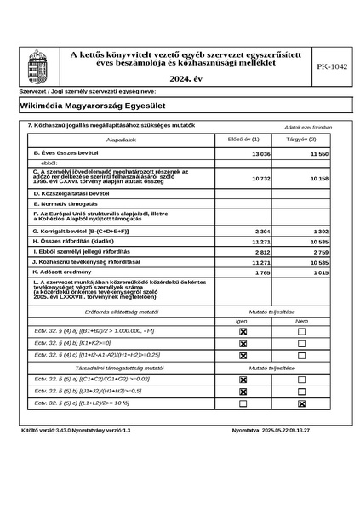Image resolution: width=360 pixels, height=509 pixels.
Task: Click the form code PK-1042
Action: tap(331, 66)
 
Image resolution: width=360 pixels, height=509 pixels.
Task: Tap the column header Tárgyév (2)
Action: tap(301, 139)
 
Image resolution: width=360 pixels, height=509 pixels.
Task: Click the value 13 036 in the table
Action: tap(260, 153)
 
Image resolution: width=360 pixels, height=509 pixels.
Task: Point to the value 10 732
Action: tap(260, 180)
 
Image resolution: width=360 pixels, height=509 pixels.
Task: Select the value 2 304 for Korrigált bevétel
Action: tap(262, 232)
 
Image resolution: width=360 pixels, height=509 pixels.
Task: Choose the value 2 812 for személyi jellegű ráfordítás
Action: tap(262, 253)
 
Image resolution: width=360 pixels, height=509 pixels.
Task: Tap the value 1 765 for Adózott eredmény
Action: tap(262, 272)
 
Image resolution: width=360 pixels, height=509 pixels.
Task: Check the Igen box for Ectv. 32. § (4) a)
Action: tap(243, 330)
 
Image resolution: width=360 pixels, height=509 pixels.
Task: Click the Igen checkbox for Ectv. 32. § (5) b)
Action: tap(243, 392)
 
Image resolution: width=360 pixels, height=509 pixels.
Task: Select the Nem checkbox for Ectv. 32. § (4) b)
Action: tap(301, 342)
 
